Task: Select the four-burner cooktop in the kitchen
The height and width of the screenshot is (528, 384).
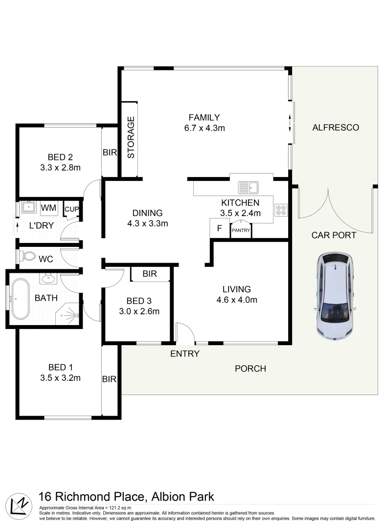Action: pos(281,210)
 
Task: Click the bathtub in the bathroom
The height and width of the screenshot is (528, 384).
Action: pos(21,299)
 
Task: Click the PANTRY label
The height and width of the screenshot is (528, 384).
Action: pos(241,230)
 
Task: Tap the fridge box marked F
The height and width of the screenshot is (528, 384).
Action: pos(219,228)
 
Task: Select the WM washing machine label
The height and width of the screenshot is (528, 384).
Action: pos(48,208)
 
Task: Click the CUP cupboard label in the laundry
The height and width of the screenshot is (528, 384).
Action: pos(71,210)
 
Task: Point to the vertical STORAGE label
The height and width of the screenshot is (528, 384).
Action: pos(131,140)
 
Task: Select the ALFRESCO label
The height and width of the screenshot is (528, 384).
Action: pos(336,128)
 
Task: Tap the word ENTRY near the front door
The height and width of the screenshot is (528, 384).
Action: pos(184,353)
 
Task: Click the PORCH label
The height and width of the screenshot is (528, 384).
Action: pos(250,368)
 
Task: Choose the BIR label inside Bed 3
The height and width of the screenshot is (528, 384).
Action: pos(150,274)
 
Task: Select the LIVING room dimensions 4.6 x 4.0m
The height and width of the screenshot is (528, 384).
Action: pos(236,300)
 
